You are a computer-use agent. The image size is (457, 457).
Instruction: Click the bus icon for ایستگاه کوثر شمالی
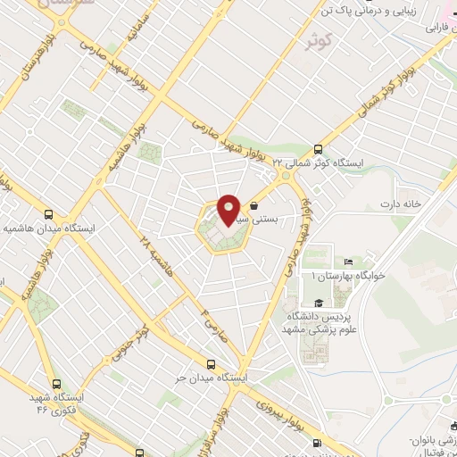click(319, 150)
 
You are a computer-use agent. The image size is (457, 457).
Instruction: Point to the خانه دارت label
click(423, 204)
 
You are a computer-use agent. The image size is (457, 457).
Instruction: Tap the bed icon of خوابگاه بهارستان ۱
click(348, 262)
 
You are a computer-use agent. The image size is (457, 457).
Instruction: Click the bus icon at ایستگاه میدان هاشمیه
click(49, 214)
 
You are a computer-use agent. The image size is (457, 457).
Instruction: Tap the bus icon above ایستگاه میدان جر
click(211, 363)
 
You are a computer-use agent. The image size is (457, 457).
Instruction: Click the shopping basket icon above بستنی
click(254, 205)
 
